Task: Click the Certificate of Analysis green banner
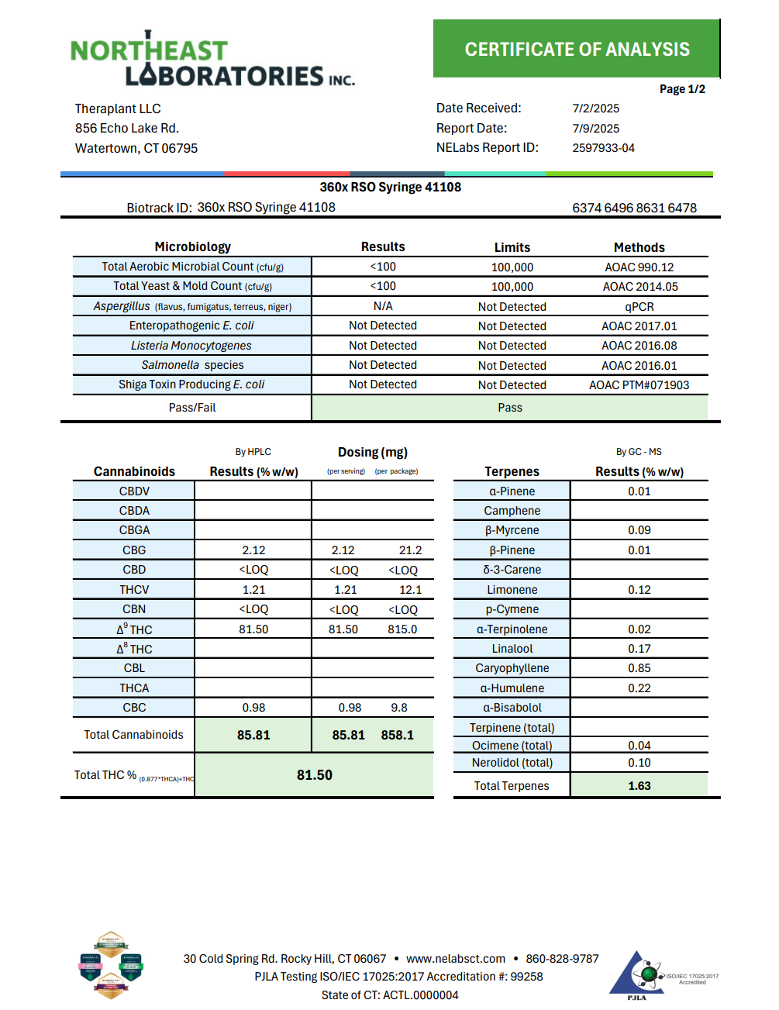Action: pos(577,49)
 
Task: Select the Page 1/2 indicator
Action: pos(682,89)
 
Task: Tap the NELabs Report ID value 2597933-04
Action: pos(603,148)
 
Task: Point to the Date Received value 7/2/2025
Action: pos(595,109)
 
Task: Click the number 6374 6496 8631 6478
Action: pos(634,208)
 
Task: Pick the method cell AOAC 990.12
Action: pos(639,267)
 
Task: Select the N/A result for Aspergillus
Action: pos(383,306)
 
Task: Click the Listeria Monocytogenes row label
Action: pos(191,346)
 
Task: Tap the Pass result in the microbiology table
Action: pos(510,408)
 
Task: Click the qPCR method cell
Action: pos(639,307)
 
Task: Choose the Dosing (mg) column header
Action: pos(372,452)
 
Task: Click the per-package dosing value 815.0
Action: pos(402,629)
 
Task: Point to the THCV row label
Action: pos(134,590)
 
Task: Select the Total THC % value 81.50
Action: pos(314,775)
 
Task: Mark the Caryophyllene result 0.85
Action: pos(639,668)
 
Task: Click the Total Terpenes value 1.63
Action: pos(639,786)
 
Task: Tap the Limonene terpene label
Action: pos(512,590)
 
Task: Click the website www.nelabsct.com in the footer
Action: pos(455,959)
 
